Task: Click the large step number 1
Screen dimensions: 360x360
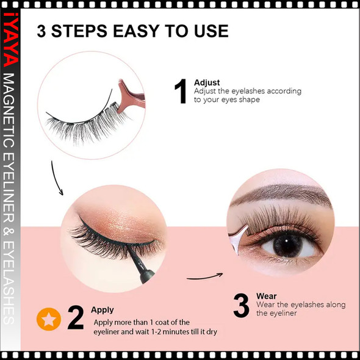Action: coord(180,92)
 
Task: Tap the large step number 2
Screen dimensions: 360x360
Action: coord(75,319)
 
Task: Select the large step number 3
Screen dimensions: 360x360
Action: coord(241,306)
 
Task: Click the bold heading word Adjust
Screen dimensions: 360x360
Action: coord(206,82)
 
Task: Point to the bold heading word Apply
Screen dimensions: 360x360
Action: coord(103,310)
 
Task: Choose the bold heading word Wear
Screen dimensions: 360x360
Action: coord(266,296)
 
